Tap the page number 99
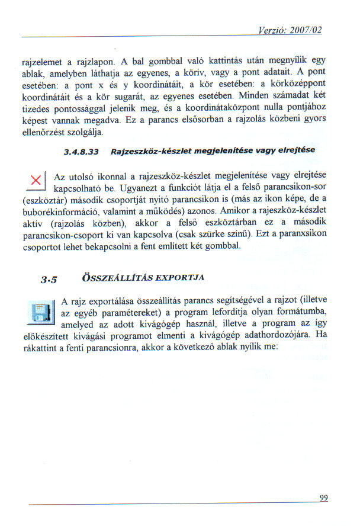pos(323,498)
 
